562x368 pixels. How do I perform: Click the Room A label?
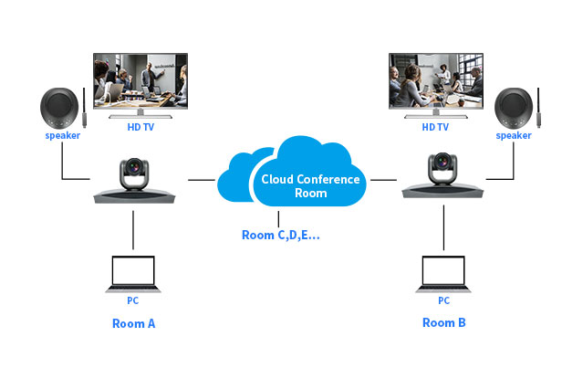pos(134,323)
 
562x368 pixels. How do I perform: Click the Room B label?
pos(444,322)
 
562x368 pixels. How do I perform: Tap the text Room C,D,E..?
pos(281,235)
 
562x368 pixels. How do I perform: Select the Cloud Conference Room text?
pos(310,185)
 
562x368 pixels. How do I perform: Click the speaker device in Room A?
pos(59,109)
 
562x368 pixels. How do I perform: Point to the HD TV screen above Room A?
pos(140,81)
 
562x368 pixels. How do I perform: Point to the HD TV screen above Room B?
pos(436,81)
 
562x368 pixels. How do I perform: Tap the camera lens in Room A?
pos(134,167)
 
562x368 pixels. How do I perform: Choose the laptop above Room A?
pos(133,274)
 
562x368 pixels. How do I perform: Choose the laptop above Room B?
pos(443,274)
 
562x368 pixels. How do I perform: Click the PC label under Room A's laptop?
pos(133,300)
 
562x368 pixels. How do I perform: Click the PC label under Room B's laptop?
pos(443,300)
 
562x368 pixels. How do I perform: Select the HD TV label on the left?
pos(140,127)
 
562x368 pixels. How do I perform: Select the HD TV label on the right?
pos(435,127)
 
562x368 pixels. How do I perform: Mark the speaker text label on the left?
pos(63,135)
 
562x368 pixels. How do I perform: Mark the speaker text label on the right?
pos(514,135)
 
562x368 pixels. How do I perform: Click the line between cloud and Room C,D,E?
pos(278,219)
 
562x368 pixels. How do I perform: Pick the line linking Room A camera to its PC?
pos(133,230)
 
